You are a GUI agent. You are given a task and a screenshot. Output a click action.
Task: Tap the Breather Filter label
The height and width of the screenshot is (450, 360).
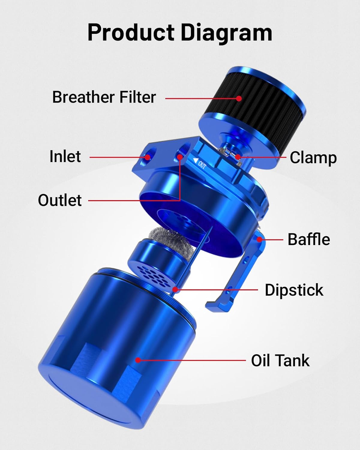(104, 97)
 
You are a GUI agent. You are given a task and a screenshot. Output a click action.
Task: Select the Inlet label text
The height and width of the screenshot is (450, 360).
(65, 157)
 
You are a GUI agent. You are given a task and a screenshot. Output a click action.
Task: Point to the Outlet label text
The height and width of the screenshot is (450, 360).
(60, 200)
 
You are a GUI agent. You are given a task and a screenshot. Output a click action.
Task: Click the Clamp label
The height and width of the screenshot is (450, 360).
(313, 158)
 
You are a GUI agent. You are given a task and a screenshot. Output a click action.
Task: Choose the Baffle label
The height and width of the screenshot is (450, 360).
(309, 239)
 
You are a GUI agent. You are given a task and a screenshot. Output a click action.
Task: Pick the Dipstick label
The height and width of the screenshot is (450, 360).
(294, 290)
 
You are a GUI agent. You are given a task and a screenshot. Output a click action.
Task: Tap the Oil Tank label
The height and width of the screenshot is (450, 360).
(280, 360)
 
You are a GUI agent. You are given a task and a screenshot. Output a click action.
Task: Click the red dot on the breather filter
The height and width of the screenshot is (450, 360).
(239, 98)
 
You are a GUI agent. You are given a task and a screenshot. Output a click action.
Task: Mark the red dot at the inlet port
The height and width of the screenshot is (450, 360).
(147, 157)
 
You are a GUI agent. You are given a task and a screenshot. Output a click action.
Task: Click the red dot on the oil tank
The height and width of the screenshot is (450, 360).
(138, 360)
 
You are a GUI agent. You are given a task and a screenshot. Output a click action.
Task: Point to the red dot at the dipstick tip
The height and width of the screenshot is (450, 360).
(175, 290)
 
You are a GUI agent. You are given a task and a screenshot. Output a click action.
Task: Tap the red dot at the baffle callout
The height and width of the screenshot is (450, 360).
(260, 239)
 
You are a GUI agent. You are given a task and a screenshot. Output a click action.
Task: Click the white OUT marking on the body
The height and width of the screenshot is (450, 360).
(199, 163)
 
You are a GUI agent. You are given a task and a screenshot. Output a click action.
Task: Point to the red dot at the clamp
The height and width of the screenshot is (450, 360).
(238, 157)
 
